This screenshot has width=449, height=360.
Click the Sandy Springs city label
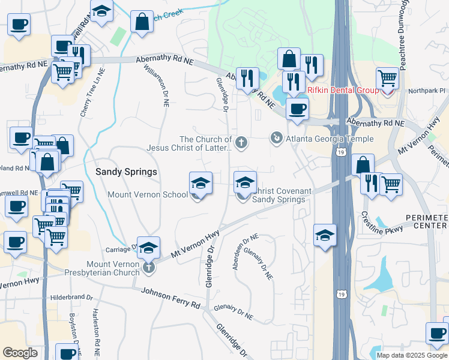click(127, 172)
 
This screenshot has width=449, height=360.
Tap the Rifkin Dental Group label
click(343, 90)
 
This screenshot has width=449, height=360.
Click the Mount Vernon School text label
click(148, 194)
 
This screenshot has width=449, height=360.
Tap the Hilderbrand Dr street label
click(71, 297)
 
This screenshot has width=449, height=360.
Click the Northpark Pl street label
click(427, 91)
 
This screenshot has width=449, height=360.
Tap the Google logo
click(20, 353)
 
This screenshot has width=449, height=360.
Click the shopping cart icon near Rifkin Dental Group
click(388, 78)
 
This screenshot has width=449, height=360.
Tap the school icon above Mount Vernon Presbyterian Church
click(148, 246)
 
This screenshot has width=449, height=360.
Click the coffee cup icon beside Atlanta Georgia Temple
click(297, 109)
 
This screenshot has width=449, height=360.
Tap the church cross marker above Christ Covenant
click(241, 142)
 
